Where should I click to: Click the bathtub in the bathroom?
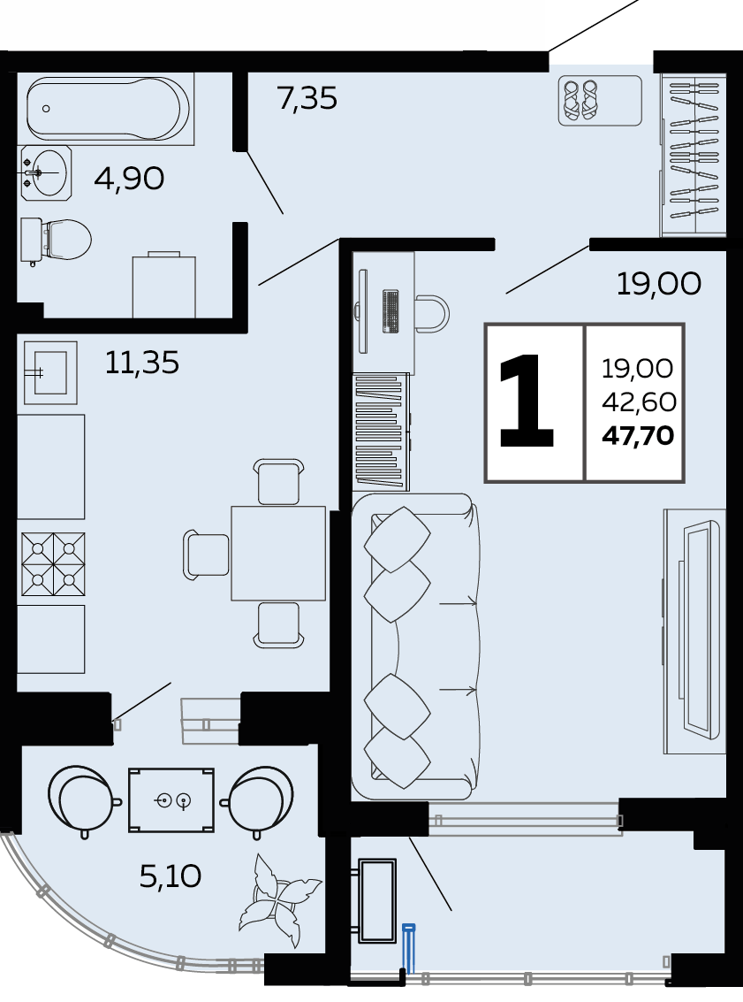[110, 109]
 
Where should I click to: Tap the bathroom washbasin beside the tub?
[45, 172]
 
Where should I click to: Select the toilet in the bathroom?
[57, 241]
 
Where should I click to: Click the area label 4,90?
[130, 179]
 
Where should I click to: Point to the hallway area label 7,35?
[307, 99]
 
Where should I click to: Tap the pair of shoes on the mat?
[580, 99]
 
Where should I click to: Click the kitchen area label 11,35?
[141, 363]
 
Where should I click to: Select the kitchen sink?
[50, 372]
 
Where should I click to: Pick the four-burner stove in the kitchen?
[53, 564]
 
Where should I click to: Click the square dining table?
[278, 554]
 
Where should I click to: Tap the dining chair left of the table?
[206, 554]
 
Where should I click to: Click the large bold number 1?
[526, 402]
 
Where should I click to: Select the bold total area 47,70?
[639, 437]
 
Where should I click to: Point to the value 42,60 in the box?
[639, 402]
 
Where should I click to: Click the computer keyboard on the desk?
[390, 311]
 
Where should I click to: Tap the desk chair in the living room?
[433, 313]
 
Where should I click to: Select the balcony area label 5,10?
[171, 876]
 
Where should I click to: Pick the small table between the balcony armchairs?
[171, 800]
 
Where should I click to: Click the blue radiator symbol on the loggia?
[408, 948]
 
